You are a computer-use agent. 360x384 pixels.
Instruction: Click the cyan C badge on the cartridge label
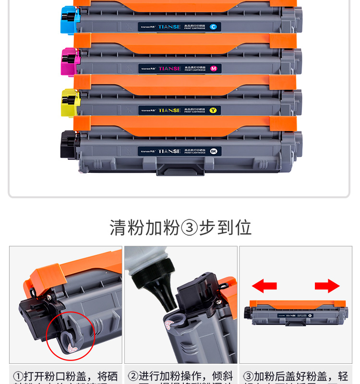point(214,27)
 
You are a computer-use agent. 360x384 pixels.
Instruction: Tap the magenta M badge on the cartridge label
point(214,69)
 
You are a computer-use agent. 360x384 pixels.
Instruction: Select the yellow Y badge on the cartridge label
point(214,110)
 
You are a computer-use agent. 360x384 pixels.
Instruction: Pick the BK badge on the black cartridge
point(214,151)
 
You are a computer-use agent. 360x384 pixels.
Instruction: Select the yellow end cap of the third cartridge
point(70,103)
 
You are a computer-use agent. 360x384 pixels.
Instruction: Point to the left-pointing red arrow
point(264,287)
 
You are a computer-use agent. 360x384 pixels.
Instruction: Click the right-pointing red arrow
point(327,287)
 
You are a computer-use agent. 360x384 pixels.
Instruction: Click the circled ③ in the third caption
point(248,376)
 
